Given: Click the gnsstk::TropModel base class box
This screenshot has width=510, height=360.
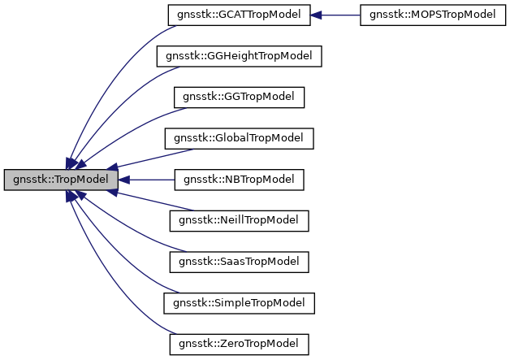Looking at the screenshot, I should (61, 179).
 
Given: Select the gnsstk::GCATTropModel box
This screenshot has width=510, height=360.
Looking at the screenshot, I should (239, 15).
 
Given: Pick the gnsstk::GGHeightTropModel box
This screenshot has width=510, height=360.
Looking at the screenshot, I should (239, 56).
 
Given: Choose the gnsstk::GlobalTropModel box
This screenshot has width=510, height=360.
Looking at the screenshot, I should (239, 138).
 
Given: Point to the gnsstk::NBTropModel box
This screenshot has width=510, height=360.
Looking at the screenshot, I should (239, 179).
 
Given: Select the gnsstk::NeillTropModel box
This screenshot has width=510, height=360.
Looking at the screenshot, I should (239, 220).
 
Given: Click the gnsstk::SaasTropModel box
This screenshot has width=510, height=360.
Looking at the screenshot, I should (239, 261).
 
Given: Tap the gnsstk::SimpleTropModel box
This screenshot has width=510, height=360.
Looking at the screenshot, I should (239, 302).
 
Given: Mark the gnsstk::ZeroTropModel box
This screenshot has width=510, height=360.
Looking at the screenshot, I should (239, 343).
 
